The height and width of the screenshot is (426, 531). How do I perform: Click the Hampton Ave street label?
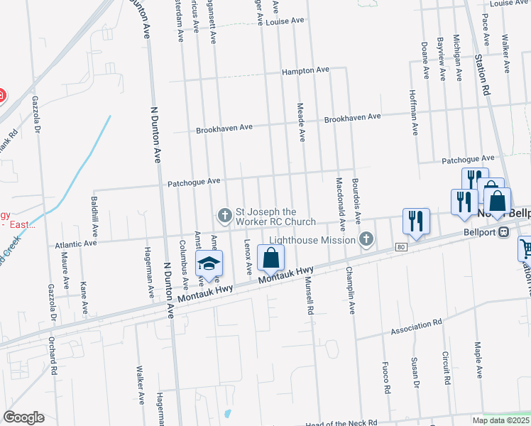tap(306, 71)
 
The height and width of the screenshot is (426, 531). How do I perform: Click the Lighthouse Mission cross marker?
tap(366, 239)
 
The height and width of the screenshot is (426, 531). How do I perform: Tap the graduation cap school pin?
tap(209, 264)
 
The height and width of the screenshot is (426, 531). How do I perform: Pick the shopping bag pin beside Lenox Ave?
tap(270, 258)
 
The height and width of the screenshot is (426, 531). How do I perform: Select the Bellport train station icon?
tap(504, 232)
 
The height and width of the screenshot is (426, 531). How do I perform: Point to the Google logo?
tap(23, 417)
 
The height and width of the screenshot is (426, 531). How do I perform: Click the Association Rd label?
tap(417, 326)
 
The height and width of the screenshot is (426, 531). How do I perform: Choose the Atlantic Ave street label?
tap(75, 245)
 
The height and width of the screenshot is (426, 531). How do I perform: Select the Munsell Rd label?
tap(309, 296)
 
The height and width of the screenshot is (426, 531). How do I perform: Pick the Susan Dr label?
tap(415, 374)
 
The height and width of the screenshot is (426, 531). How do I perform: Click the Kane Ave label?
tap(84, 298)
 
